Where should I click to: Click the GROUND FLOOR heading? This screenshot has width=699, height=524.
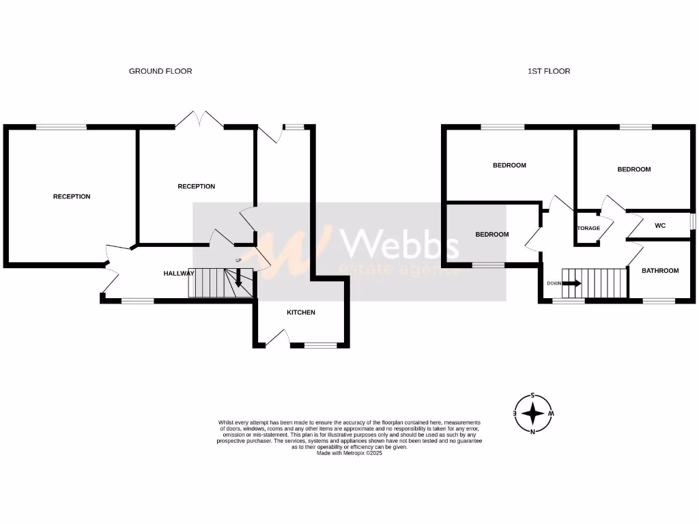[x=160, y=71]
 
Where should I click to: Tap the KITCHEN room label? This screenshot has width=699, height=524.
[x=300, y=312]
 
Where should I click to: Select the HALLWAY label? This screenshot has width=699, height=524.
[x=179, y=274]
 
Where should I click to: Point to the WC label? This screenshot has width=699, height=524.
[x=659, y=225]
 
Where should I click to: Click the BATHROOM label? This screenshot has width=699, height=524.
[x=660, y=271]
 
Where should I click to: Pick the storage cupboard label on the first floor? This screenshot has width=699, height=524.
[x=588, y=229]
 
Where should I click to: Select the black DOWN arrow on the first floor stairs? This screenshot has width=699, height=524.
[x=572, y=282]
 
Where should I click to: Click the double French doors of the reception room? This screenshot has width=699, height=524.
[x=200, y=120]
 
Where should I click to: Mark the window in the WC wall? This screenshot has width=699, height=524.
[x=692, y=222]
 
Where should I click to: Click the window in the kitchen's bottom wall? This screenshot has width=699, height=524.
[x=320, y=345]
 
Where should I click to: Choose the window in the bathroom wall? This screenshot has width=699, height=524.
[x=659, y=300]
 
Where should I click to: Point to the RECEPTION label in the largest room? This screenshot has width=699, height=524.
[x=72, y=196]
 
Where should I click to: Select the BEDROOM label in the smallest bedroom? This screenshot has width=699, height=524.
[x=491, y=235]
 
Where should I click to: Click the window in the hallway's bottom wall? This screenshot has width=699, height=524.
[x=137, y=300]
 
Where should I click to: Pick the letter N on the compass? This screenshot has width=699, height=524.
[x=532, y=431]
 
